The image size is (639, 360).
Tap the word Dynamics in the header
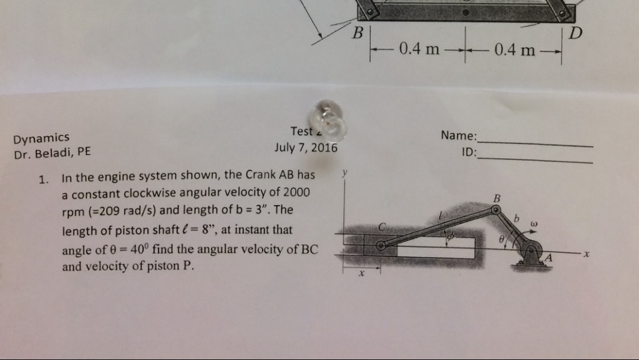pyautogui.click(x=42, y=138)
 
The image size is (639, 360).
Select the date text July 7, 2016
pyautogui.click(x=306, y=148)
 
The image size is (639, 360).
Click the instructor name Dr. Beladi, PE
pyautogui.click(x=52, y=152)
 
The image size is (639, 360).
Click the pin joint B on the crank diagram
pyautogui.click(x=496, y=210)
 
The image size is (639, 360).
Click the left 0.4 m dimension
pyautogui.click(x=420, y=49)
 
